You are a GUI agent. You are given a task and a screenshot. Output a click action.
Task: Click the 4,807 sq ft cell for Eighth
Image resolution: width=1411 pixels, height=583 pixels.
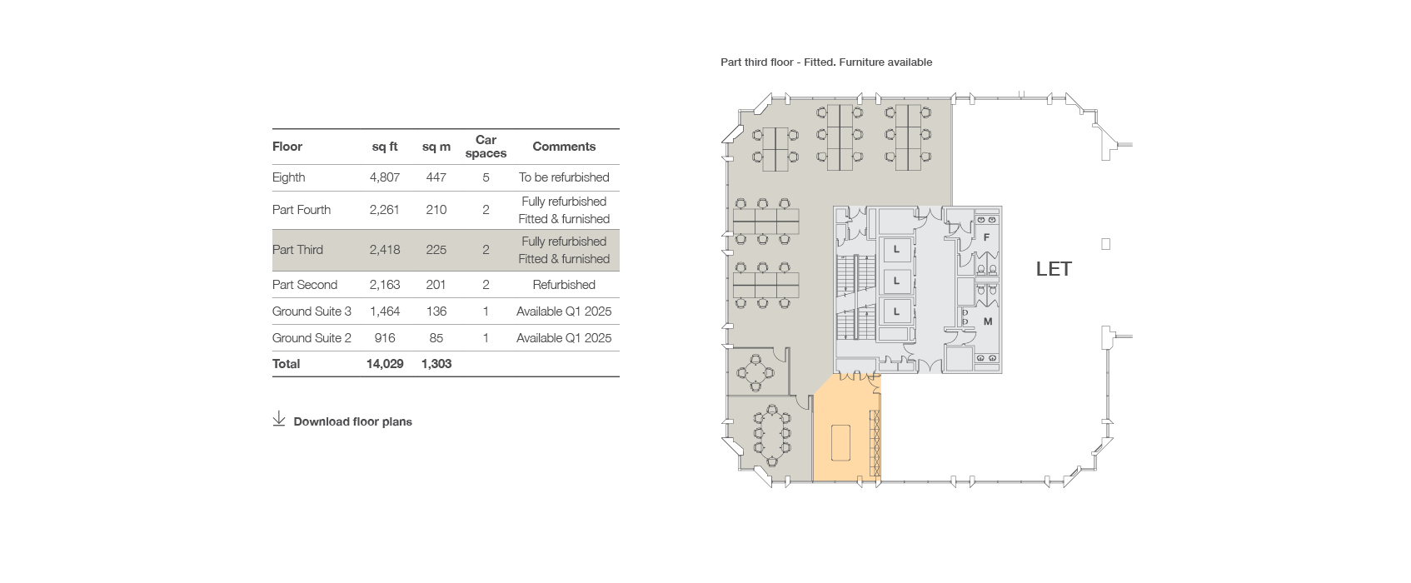pyautogui.click(x=384, y=177)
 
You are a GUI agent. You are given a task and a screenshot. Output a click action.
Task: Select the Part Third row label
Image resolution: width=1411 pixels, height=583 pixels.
pyautogui.click(x=297, y=250)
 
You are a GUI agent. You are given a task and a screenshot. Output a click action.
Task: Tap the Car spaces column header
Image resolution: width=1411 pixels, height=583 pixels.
pyautogui.click(x=486, y=147)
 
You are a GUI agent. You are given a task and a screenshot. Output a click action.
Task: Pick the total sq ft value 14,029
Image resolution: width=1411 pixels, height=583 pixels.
pyautogui.click(x=385, y=364)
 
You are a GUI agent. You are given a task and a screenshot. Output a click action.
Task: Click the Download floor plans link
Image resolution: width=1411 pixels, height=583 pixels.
pyautogui.click(x=353, y=421)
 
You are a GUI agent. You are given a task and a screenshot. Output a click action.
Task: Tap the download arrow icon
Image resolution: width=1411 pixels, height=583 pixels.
pyautogui.click(x=279, y=419)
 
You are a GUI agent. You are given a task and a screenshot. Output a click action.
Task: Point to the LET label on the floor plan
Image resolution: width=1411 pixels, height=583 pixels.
pyautogui.click(x=1054, y=269)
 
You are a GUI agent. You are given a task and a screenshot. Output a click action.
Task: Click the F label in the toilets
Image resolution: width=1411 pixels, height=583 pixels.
pyautogui.click(x=986, y=237)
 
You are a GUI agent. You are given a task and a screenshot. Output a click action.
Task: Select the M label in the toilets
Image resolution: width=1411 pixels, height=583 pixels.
pyautogui.click(x=988, y=321)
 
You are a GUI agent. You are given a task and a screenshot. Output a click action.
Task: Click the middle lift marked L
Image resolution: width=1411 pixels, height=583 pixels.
pyautogui.click(x=896, y=281)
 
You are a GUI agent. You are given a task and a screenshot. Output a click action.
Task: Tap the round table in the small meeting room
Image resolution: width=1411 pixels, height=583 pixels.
pyautogui.click(x=755, y=372)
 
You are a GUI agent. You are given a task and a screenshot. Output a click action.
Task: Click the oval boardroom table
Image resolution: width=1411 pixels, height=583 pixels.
pyautogui.click(x=771, y=435)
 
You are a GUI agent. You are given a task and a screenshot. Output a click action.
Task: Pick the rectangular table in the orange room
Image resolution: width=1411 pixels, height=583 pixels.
pyautogui.click(x=841, y=442)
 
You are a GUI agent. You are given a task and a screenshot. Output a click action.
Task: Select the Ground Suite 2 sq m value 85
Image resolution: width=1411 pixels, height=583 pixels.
pyautogui.click(x=436, y=338)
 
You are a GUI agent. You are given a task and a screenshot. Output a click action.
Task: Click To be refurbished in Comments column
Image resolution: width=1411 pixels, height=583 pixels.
pyautogui.click(x=564, y=177)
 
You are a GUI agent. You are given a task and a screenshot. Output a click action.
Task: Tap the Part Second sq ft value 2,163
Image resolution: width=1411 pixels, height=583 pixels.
pyautogui.click(x=384, y=285)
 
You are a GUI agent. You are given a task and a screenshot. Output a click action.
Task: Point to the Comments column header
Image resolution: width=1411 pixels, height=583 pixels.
pyautogui.click(x=564, y=147)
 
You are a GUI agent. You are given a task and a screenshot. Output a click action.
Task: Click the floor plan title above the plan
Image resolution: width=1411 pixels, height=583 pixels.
pyautogui.click(x=826, y=62)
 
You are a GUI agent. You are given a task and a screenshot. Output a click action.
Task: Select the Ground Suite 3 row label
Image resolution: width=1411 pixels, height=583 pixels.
pyautogui.click(x=312, y=311)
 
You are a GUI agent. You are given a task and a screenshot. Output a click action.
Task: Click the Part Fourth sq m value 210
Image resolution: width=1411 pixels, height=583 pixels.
pyautogui.click(x=436, y=210)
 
